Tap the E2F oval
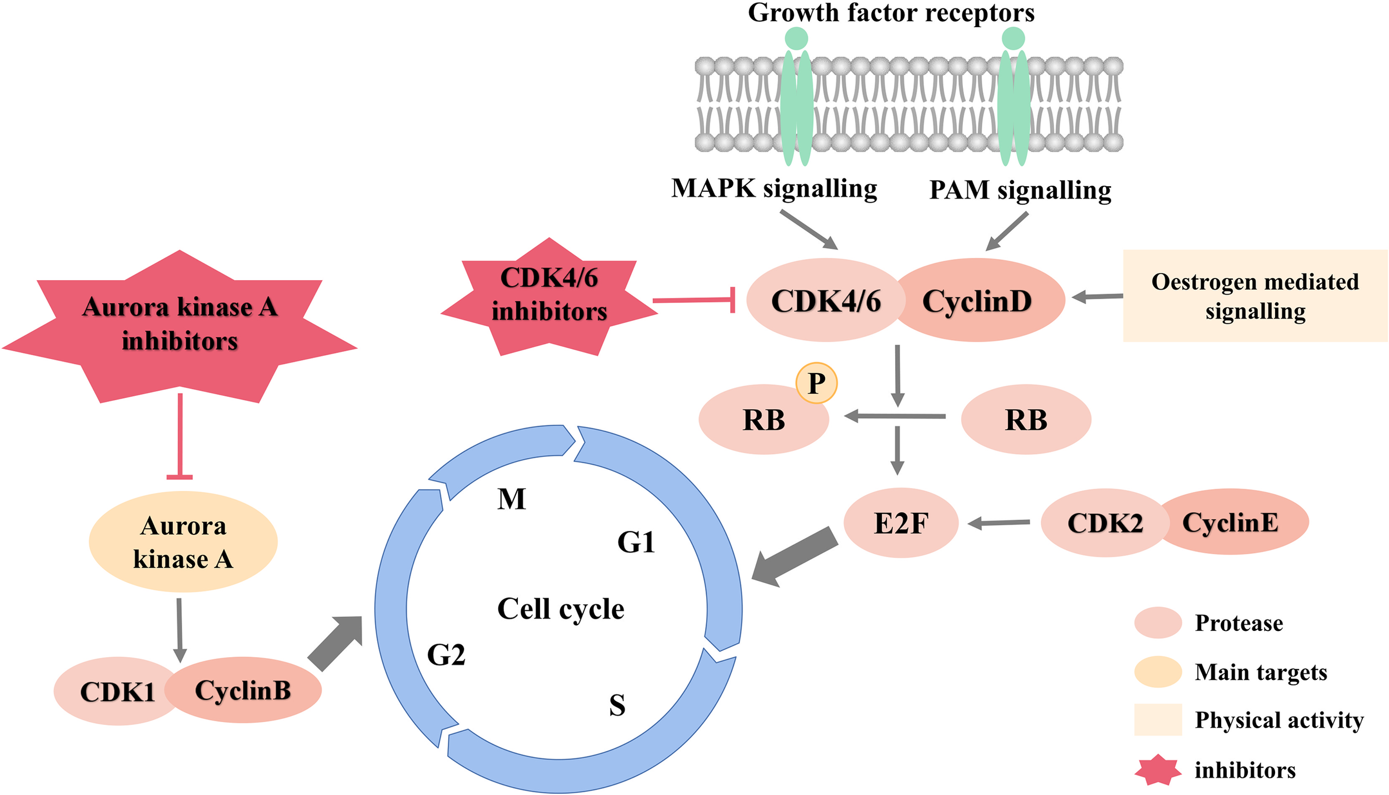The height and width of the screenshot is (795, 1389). [901, 523]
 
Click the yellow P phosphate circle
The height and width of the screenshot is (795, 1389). [816, 383]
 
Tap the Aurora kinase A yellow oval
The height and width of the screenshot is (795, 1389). [183, 542]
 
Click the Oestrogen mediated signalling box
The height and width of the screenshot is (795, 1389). [1255, 296]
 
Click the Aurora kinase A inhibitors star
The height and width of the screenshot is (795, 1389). [179, 325]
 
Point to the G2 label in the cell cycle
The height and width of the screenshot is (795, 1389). [446, 655]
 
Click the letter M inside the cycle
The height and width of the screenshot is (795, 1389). [511, 499]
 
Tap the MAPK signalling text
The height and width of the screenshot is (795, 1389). [774, 189]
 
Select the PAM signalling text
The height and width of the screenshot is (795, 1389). [1020, 190]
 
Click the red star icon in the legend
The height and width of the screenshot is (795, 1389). [1157, 770]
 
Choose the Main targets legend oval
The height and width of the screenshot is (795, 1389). [1157, 672]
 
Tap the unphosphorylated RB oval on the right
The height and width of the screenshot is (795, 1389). [1026, 420]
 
